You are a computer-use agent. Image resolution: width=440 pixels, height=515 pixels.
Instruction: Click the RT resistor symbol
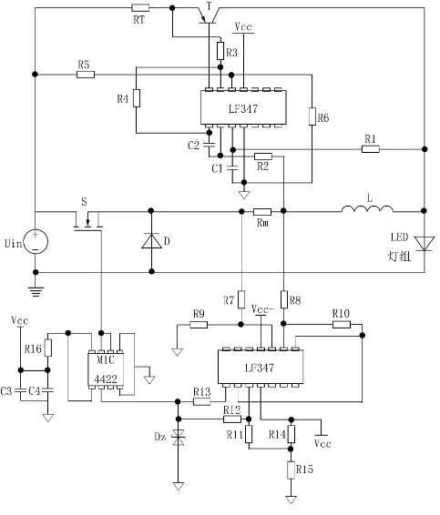[140, 8]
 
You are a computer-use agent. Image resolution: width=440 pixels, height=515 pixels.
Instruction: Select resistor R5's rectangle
[86, 75]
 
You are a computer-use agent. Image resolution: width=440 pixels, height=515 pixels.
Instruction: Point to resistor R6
[312, 116]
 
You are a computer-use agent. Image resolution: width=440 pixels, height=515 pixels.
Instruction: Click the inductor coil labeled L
[367, 209]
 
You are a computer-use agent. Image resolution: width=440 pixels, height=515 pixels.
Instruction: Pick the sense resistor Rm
[262, 212]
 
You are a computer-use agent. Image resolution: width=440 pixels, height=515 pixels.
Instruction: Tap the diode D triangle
[151, 241]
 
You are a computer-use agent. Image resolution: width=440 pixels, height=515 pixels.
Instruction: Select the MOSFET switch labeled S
[87, 222]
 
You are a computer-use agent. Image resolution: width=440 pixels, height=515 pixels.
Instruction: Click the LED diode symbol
[425, 244]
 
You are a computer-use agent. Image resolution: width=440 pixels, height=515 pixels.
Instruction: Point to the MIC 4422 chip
[106, 369]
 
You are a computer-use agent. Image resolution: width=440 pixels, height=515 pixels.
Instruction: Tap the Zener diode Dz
[179, 437]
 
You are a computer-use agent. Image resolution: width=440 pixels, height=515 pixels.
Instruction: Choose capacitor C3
[20, 390]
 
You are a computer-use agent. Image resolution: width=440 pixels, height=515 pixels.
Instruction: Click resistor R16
[48, 348]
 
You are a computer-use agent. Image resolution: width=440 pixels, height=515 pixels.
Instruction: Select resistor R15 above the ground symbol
[291, 470]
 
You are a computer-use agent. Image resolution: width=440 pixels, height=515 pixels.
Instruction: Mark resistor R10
[342, 325]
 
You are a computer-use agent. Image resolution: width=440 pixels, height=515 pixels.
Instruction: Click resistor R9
[199, 325]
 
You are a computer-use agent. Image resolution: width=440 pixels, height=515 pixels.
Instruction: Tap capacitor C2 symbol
[209, 145]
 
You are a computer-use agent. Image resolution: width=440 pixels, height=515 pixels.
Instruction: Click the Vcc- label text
[262, 309]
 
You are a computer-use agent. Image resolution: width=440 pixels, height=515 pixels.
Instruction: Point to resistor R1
[371, 149]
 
